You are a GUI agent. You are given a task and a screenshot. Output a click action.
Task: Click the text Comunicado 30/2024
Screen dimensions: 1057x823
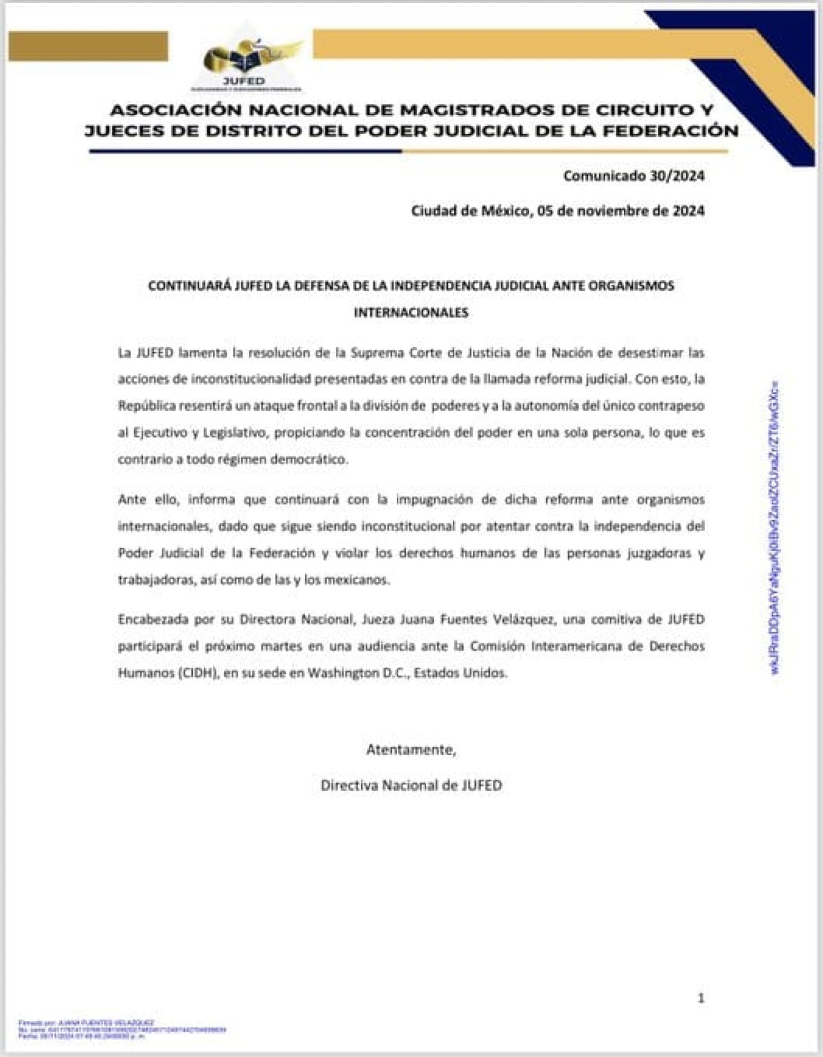point(633,176)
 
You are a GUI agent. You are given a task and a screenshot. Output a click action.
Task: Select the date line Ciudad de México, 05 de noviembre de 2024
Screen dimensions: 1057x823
point(557,211)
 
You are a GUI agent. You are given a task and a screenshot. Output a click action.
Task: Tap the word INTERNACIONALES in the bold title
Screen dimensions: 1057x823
point(411,312)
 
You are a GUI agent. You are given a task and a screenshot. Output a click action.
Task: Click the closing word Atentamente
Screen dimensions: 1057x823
point(411,749)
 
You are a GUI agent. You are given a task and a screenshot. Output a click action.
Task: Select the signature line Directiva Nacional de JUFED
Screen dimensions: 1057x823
point(411,785)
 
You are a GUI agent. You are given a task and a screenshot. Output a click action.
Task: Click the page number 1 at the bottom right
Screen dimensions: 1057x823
point(701,998)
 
